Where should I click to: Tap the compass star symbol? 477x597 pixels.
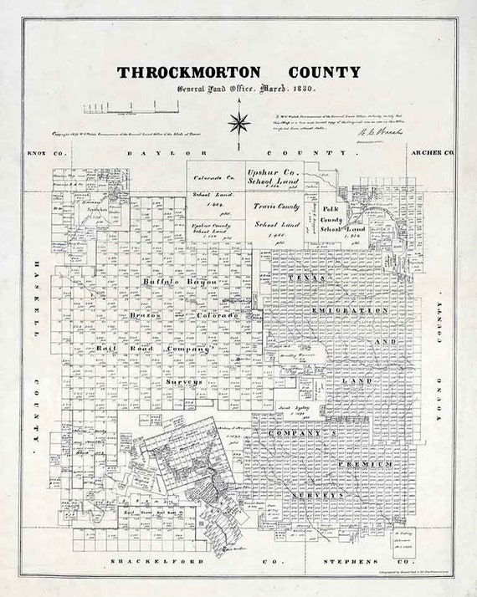(x=239, y=124)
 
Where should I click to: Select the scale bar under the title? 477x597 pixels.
(x=131, y=107)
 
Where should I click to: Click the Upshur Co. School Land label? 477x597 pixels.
(x=274, y=177)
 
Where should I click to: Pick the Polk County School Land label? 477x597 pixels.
(x=333, y=219)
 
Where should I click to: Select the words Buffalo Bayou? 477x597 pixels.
(x=179, y=282)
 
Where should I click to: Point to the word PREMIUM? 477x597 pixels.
(x=365, y=462)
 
